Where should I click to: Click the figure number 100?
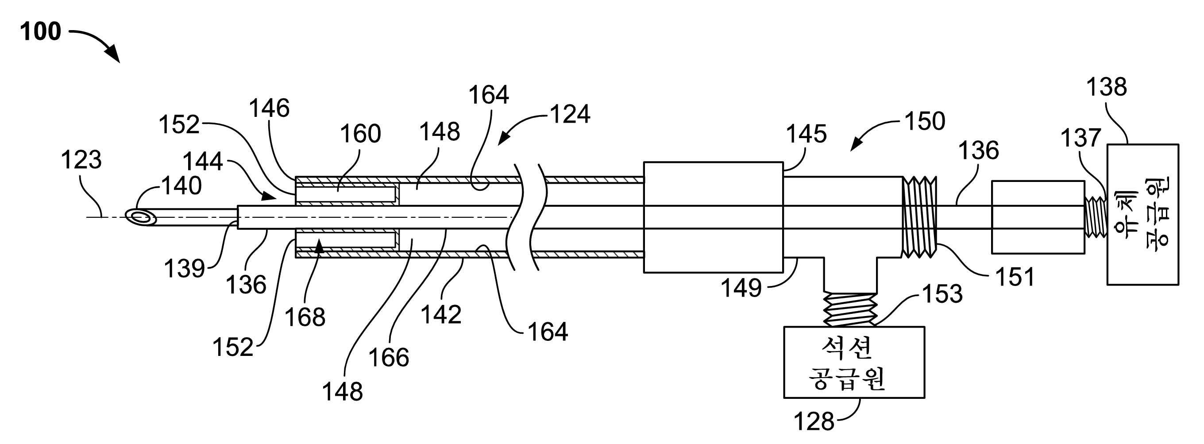coord(41,32)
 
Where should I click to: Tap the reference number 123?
coord(81,160)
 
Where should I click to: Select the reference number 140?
coord(181,186)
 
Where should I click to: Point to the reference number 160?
coord(360,134)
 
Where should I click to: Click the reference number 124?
coord(570,115)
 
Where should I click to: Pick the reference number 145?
coord(806,134)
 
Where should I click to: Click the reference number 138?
coord(1106,87)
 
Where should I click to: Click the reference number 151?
coord(1015,277)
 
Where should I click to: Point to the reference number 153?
coord(942,294)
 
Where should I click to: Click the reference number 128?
coord(814,421)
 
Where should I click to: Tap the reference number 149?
coord(741,288)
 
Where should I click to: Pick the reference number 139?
coord(184,269)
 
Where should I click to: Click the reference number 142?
coord(441,315)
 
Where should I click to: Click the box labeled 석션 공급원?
coord(854,362)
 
